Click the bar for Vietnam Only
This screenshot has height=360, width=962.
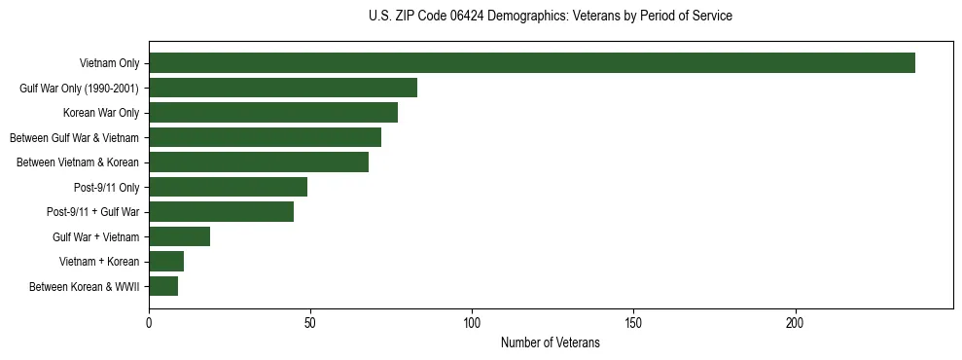(532, 63)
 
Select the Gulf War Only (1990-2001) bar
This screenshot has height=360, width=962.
(283, 88)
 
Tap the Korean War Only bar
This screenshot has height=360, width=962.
(273, 113)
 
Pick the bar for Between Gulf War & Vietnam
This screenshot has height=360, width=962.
(265, 137)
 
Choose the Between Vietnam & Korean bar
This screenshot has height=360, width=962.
(259, 162)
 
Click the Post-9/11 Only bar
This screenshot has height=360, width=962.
(228, 187)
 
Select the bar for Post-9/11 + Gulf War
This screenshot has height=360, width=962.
(222, 212)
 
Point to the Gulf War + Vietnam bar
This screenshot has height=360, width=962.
(180, 236)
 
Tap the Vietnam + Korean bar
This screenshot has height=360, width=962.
(166, 262)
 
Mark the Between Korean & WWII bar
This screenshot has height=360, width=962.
(163, 286)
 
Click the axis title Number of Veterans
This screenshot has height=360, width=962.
(551, 343)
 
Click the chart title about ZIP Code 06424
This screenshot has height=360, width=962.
(551, 17)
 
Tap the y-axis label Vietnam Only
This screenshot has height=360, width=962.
(109, 64)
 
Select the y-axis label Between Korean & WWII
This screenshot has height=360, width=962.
(85, 287)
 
